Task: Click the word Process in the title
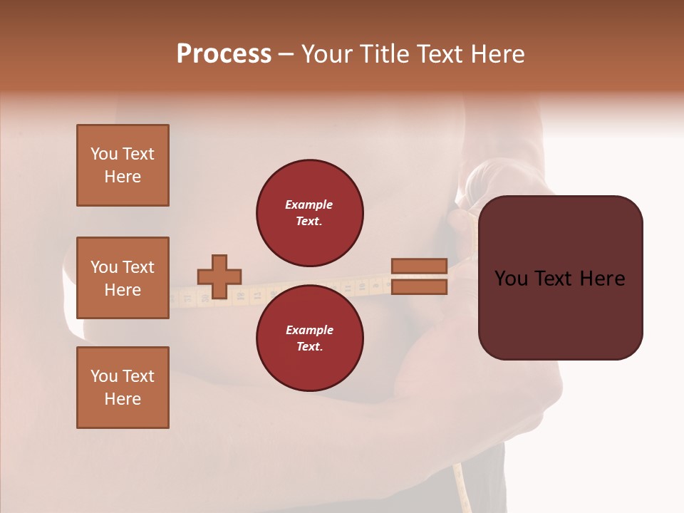coord(224,54)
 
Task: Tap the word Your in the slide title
coord(328,54)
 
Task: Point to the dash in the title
coord(286,55)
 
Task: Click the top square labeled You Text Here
coord(123,165)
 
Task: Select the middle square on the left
coord(123,278)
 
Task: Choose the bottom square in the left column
coord(123,388)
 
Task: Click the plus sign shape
coord(219,276)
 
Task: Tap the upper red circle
coord(309,212)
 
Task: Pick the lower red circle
coord(309,338)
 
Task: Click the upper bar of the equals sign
coord(419,266)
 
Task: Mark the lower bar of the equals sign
coord(419,287)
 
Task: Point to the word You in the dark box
coord(512,279)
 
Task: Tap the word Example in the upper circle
coord(309,204)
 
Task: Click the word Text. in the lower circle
coord(309,346)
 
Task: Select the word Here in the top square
coord(123,177)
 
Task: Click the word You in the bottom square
coord(104,376)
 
